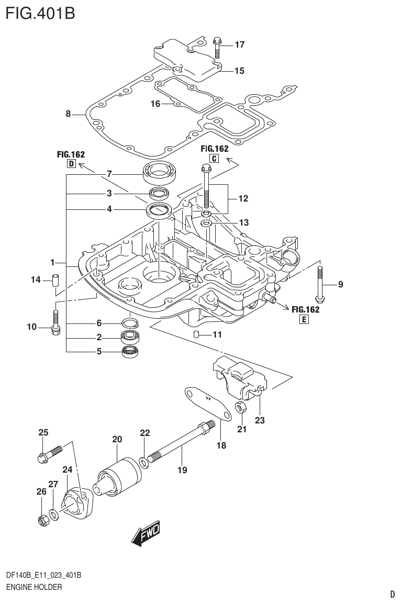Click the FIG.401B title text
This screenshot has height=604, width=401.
pos(40,13)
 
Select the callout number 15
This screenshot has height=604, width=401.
pos(239,71)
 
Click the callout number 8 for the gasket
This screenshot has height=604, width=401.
pos(68,114)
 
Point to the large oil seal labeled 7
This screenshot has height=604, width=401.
pos(162,173)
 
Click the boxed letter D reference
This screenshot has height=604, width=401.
pos(71,164)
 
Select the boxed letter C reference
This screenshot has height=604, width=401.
pos(214,159)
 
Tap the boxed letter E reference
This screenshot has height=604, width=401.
pos(304,319)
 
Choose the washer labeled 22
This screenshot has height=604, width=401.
pos(144,461)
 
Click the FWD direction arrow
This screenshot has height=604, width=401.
pos(146,534)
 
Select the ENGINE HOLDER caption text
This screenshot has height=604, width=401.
pos(34,587)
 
